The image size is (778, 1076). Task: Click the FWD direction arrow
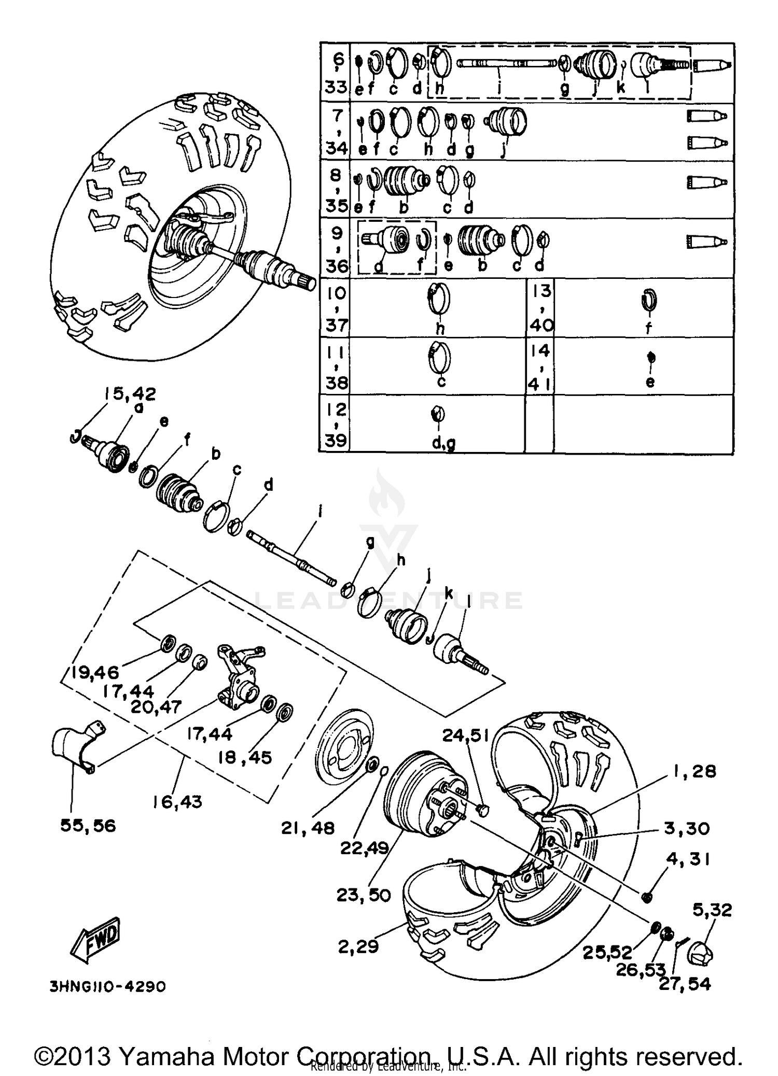96,938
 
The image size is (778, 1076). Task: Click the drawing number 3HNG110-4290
108,986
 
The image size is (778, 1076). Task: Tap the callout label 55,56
88,825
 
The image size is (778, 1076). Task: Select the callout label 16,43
177,802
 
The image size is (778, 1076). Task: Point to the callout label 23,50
363,895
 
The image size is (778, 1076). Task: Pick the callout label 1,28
694,771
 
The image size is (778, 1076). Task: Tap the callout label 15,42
130,394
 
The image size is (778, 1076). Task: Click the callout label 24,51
465,735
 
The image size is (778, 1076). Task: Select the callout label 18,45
245,757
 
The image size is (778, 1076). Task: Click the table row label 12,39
336,425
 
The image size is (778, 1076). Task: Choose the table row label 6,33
336,73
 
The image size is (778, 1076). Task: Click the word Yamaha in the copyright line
166,1056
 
